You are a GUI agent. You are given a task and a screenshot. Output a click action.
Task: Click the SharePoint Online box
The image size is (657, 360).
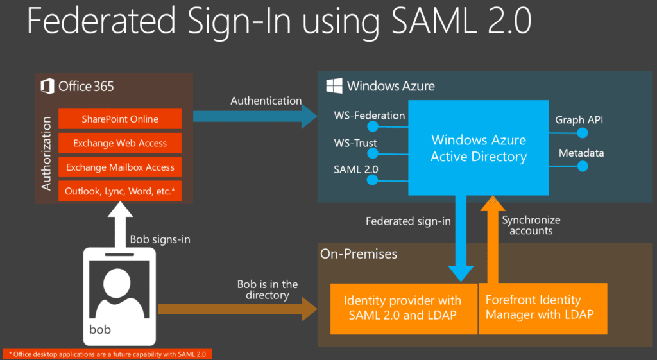pyautogui.click(x=120, y=119)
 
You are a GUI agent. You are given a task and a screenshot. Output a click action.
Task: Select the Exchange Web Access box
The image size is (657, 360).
pyautogui.click(x=120, y=143)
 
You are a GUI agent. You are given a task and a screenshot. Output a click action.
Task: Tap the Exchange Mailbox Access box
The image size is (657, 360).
pyautogui.click(x=120, y=167)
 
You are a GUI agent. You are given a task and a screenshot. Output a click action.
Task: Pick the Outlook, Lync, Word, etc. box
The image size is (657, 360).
pyautogui.click(x=120, y=191)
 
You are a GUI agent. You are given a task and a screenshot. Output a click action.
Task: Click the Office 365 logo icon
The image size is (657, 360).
pyautogui.click(x=47, y=86)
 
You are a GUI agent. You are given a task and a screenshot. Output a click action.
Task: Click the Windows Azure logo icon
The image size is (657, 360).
pyautogui.click(x=333, y=86)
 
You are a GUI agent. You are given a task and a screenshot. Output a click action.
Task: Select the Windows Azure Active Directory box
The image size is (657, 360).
pyautogui.click(x=479, y=148)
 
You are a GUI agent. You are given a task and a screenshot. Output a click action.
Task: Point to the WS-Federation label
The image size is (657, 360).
pyautogui.click(x=369, y=116)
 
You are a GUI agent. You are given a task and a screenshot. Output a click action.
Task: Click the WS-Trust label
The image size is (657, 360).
pyautogui.click(x=355, y=143)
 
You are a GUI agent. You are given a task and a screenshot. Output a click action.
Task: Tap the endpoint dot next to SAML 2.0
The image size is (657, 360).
pyautogui.click(x=371, y=180)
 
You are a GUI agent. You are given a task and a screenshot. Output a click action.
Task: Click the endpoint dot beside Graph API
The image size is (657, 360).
pyautogui.click(x=583, y=133)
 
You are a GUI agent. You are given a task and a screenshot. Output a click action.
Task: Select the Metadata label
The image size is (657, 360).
pyautogui.click(x=581, y=153)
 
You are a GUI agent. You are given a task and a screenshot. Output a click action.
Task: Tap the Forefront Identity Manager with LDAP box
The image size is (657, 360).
pyautogui.click(x=543, y=307)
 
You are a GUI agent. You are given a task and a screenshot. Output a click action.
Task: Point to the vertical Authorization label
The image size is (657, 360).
pyautogui.click(x=46, y=153)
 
